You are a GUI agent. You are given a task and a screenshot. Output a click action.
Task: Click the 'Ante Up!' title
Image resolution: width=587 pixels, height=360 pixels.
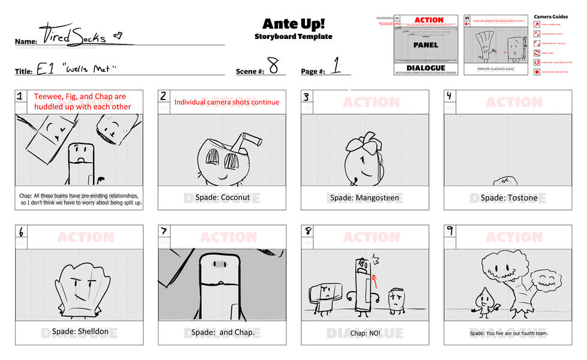[293, 23]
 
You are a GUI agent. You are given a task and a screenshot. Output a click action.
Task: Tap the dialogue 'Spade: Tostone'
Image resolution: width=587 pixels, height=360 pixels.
[508, 197]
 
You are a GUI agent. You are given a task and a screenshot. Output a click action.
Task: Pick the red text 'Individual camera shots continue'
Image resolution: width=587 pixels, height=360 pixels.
[226, 102]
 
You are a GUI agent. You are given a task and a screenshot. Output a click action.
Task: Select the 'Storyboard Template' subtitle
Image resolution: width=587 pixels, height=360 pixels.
[293, 37]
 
